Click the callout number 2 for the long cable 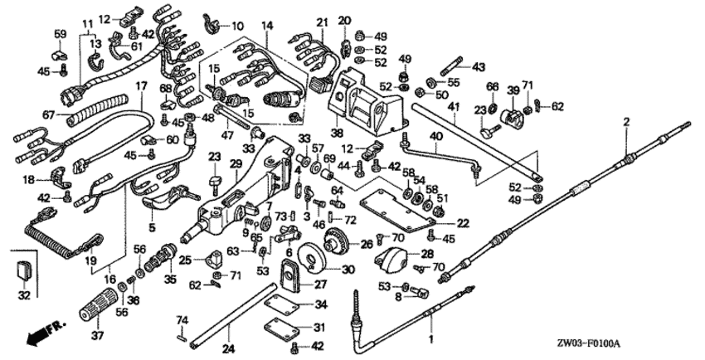626,123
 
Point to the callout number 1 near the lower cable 431,339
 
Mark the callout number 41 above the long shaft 453,107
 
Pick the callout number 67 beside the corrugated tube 49,114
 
